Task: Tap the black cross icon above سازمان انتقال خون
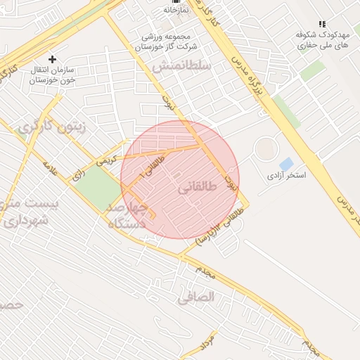pos(51,60)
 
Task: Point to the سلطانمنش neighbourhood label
pos(181,66)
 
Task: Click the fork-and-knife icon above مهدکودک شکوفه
pos(322,24)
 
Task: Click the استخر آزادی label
pos(286,174)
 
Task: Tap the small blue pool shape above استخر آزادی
pos(286,164)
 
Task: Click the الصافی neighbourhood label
pos(195,297)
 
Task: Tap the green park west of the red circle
pos(98,188)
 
